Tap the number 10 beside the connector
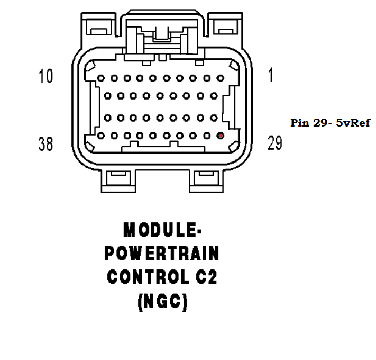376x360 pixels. [45, 77]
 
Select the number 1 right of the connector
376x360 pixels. [270, 77]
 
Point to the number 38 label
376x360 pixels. [46, 143]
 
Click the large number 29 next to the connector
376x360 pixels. [274, 143]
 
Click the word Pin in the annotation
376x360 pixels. [299, 123]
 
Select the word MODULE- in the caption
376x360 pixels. [163, 230]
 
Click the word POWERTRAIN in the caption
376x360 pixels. [162, 254]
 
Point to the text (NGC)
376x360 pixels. [162, 302]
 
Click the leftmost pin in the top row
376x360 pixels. [100, 78]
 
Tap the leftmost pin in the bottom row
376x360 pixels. [100, 136]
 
